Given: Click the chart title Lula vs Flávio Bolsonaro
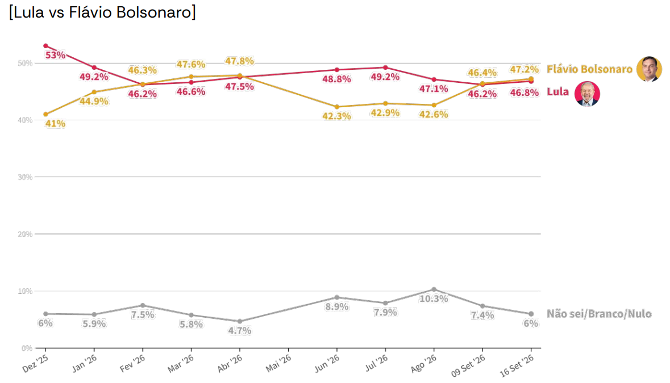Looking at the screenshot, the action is click(x=102, y=12).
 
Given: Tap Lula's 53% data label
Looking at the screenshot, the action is click(x=56, y=55).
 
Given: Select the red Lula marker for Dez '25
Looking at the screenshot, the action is click(x=45, y=45).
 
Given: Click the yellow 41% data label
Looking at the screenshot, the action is click(x=56, y=124).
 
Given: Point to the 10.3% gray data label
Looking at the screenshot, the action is click(x=434, y=298).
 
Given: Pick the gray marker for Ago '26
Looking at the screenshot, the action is click(x=434, y=289).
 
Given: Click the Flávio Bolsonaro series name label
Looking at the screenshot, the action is click(x=590, y=69).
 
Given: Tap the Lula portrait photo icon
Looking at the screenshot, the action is click(x=587, y=94).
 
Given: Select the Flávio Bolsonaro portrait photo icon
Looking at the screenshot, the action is click(x=649, y=69).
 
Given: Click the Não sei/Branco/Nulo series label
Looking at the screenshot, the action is click(x=599, y=314).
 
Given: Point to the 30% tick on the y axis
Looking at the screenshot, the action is click(x=25, y=177).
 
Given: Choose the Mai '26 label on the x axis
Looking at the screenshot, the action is click(x=278, y=363).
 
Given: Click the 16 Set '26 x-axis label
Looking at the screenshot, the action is click(x=517, y=365).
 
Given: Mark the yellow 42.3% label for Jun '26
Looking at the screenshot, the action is click(x=337, y=116).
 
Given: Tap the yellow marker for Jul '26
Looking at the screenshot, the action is click(x=385, y=103).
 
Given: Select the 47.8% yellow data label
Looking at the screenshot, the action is click(x=240, y=61).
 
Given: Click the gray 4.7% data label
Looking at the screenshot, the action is click(x=240, y=331).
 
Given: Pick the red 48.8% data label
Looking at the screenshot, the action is click(x=337, y=79).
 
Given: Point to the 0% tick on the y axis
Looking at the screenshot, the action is click(x=27, y=348).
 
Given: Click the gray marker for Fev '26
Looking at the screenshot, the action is click(x=143, y=305).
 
